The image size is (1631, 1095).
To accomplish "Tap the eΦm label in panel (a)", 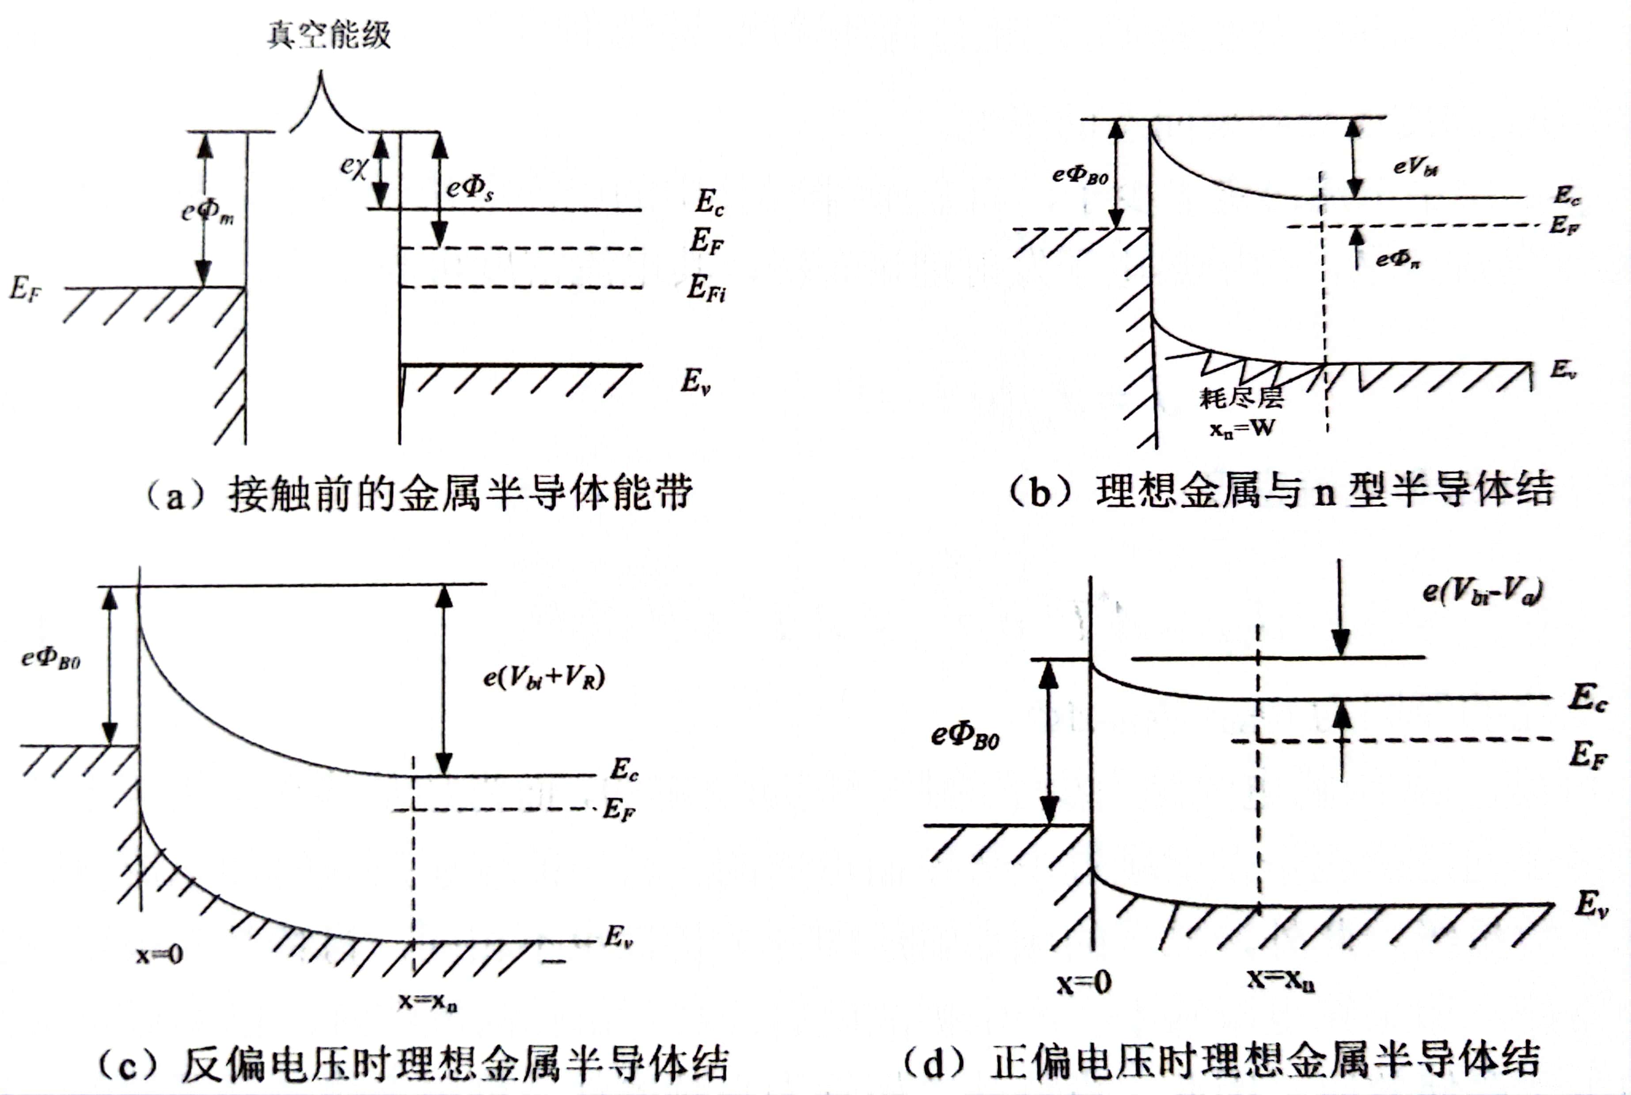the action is click(208, 211).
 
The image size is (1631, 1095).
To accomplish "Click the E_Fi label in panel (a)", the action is click(706, 288).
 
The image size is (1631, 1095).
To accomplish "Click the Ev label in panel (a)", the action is click(696, 381).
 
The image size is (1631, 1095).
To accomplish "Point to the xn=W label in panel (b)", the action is click(1241, 427).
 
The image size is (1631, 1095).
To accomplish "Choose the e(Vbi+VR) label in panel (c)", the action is click(543, 677).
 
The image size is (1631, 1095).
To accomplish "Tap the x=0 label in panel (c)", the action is click(159, 954).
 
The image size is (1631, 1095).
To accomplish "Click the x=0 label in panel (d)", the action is click(1083, 982).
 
